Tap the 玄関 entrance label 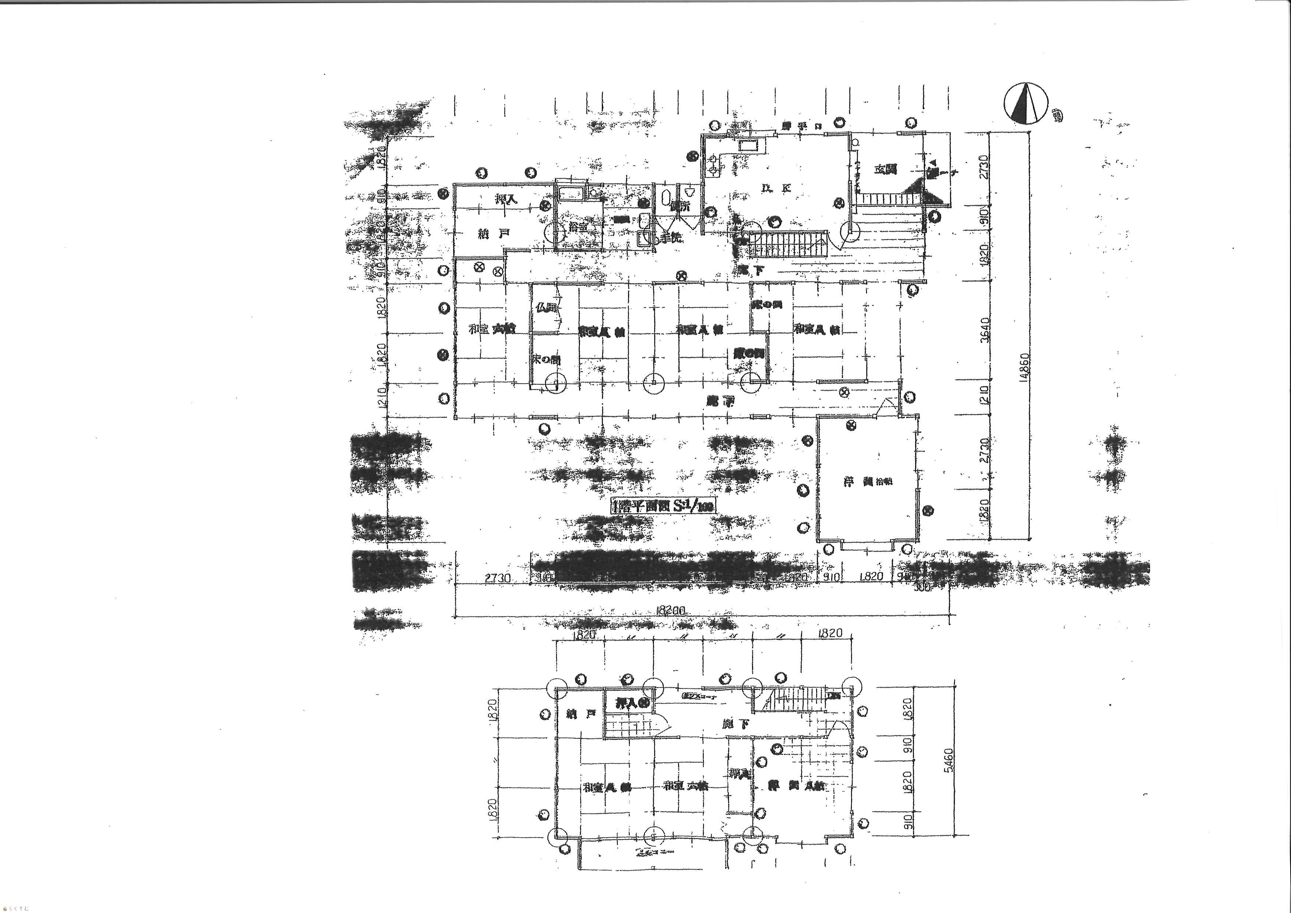point(886,169)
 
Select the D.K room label point(776,188)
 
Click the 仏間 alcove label point(546,307)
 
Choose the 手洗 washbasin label point(670,238)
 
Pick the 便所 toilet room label point(680,206)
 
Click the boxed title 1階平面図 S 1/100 point(662,506)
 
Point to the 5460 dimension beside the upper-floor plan point(949,761)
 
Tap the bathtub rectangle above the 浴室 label point(572,194)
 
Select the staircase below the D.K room point(787,244)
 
